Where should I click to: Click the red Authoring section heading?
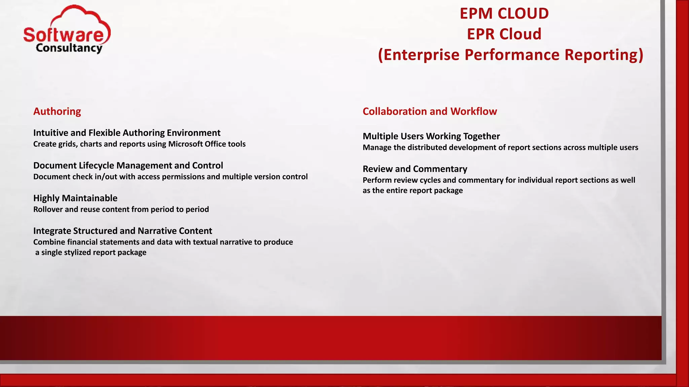[x=57, y=111]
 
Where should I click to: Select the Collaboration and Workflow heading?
[x=429, y=111]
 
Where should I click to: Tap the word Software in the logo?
[x=64, y=35]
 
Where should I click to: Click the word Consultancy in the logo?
[x=69, y=48]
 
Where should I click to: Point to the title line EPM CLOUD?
[x=504, y=14]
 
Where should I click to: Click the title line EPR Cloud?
[x=504, y=34]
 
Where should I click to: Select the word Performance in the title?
[x=512, y=55]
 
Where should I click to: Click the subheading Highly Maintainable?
[x=75, y=198]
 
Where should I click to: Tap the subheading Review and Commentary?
[x=414, y=169]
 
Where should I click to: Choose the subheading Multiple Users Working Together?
[x=431, y=136]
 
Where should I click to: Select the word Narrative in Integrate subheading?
[x=157, y=231]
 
